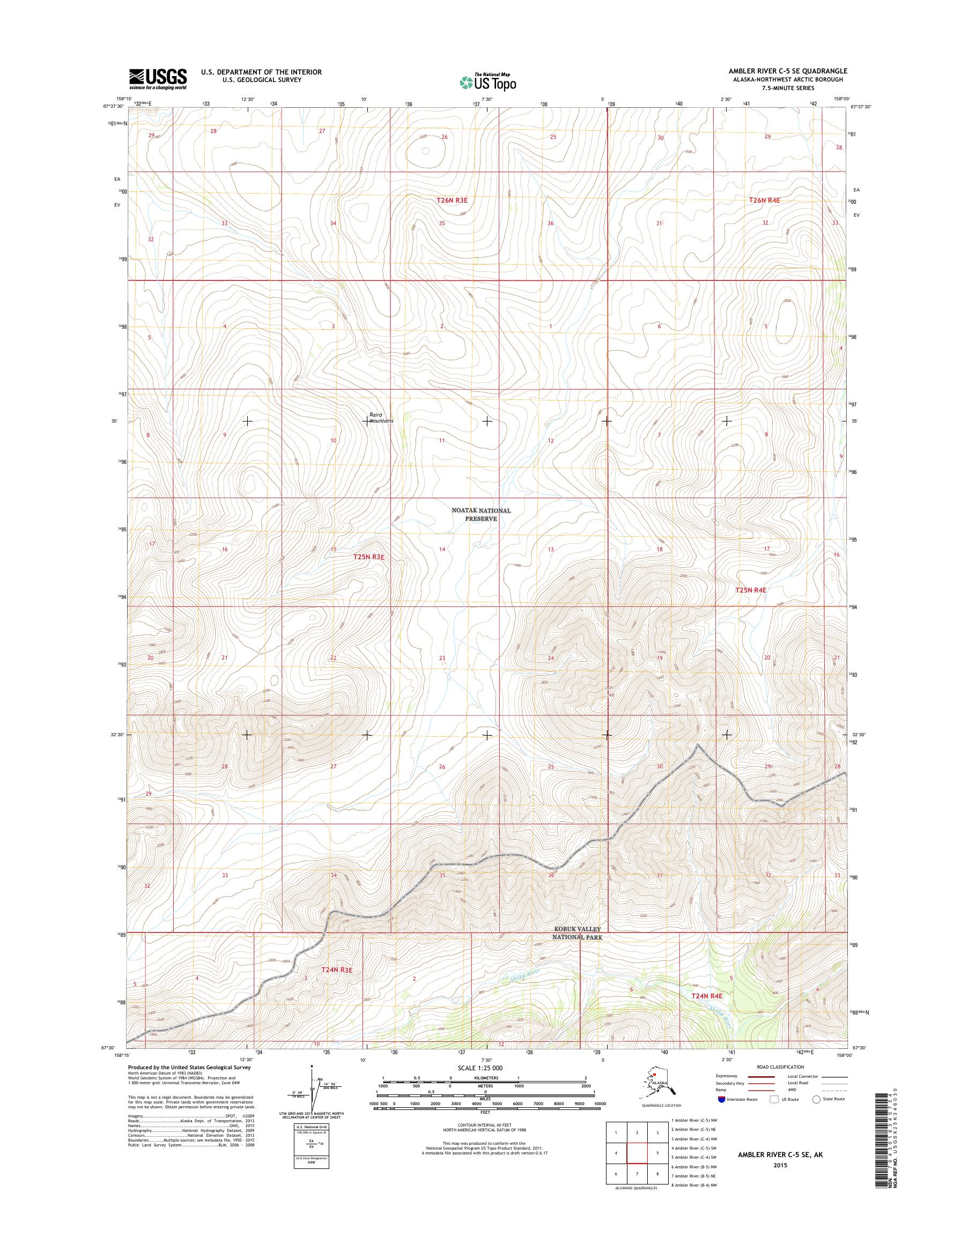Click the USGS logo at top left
[x=158, y=79]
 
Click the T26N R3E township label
[x=452, y=200]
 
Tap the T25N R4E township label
[x=750, y=590]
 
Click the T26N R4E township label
[x=765, y=200]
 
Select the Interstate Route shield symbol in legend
[x=721, y=1099]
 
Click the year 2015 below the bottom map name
[x=780, y=1165]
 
